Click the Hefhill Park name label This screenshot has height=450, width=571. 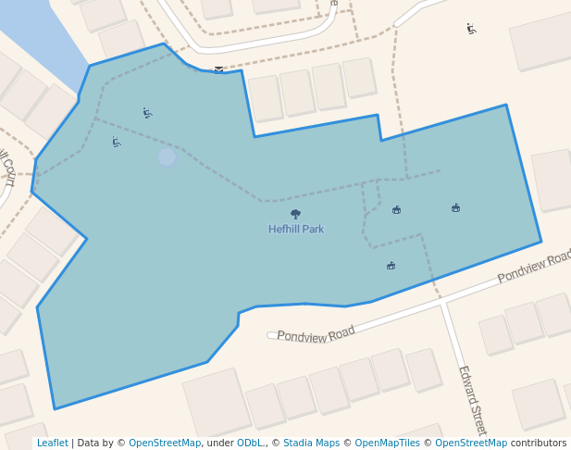coord(296,229)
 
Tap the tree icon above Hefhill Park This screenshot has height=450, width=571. coord(296,215)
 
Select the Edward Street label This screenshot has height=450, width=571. coord(472,399)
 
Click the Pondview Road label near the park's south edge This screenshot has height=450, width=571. coord(316,333)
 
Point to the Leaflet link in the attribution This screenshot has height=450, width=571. coord(52,444)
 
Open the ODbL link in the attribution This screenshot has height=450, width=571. coord(250,444)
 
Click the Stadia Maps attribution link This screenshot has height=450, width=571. coord(311,444)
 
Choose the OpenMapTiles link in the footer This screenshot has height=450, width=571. coord(387,444)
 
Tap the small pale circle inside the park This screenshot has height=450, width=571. coord(167,157)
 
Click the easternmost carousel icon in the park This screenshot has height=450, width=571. coord(456,207)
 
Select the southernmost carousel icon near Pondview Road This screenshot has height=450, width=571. coord(391,266)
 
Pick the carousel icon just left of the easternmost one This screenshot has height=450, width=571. coord(397,209)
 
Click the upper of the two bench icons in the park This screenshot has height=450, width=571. coord(147,113)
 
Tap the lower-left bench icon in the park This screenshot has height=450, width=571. coord(117,143)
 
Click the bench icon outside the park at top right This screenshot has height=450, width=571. coord(472,29)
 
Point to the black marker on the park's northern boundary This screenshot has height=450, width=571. coord(218,69)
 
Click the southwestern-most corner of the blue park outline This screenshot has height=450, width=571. coord(56,408)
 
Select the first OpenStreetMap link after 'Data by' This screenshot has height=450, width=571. coord(165,444)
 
